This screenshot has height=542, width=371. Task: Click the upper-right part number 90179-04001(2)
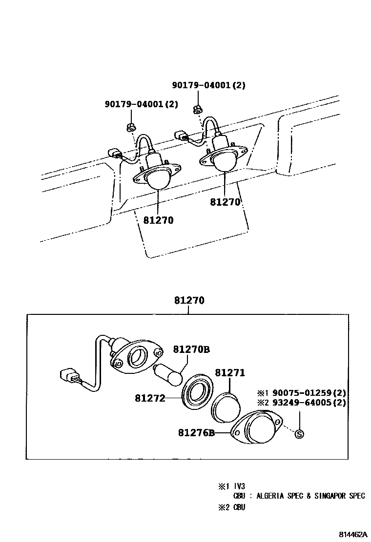[208, 85]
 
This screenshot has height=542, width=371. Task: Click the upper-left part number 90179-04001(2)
[142, 104]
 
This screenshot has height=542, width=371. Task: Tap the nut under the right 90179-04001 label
[198, 109]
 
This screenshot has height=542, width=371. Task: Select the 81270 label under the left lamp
[158, 220]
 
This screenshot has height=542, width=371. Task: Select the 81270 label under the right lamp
[225, 202]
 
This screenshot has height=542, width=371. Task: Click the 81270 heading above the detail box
[189, 301]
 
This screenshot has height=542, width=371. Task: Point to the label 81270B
[191, 349]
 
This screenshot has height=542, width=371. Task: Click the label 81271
[230, 373]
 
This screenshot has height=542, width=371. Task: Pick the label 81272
[150, 398]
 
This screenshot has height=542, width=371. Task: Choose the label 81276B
[197, 432]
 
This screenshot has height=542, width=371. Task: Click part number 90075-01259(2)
[309, 393]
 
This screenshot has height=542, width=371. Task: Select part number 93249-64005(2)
[309, 403]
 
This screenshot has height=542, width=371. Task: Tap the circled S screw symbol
[300, 434]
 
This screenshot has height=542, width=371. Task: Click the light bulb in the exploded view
[169, 374]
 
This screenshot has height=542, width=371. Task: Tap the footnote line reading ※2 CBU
[231, 507]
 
